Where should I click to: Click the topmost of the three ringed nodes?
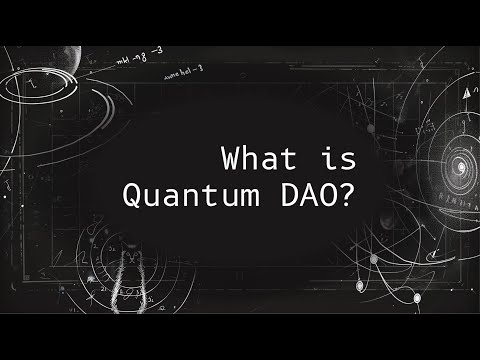[x=374, y=259]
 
